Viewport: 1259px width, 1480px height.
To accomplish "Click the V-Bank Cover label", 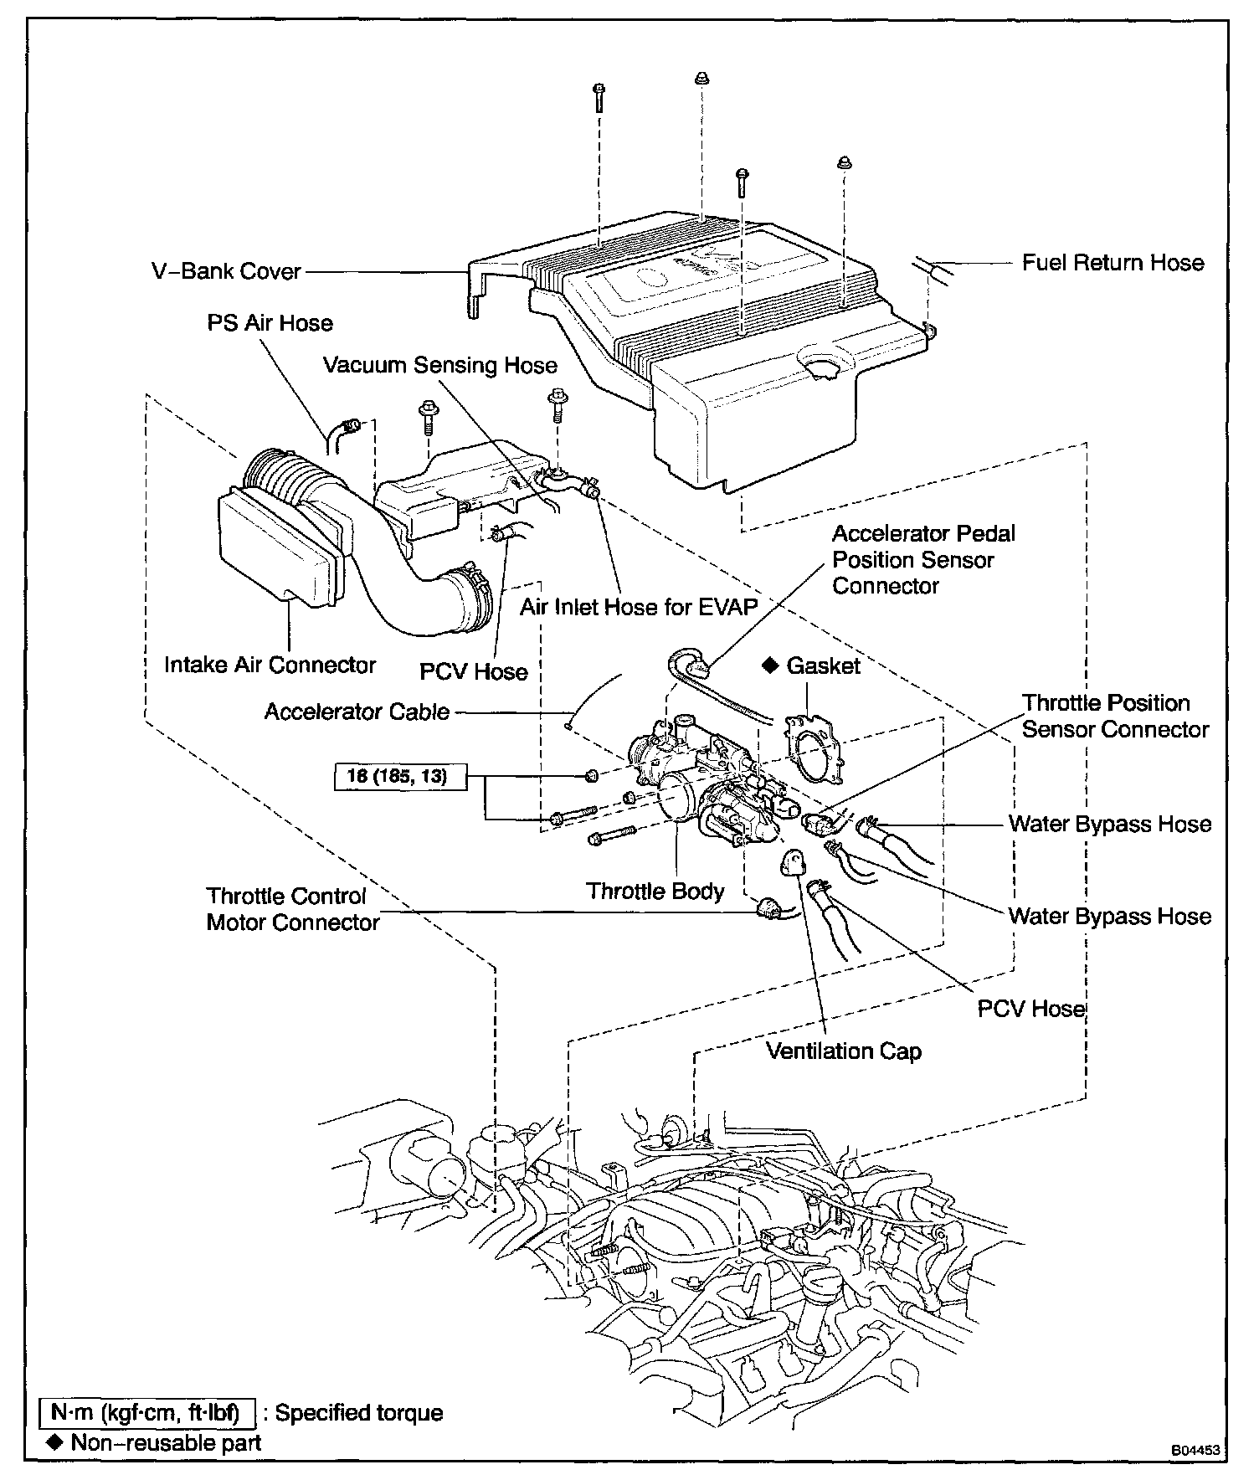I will pyautogui.click(x=226, y=272).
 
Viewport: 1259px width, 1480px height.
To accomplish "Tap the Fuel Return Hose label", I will pyautogui.click(x=1113, y=263).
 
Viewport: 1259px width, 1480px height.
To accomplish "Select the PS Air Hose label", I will pyautogui.click(x=270, y=323).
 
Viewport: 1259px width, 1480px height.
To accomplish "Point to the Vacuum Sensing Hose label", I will pyautogui.click(x=440, y=366).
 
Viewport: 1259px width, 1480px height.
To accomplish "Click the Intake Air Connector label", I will pyautogui.click(x=270, y=665).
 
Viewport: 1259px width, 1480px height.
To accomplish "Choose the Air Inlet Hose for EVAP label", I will pyautogui.click(x=638, y=607).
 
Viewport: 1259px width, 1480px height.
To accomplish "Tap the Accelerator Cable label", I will pyautogui.click(x=357, y=712).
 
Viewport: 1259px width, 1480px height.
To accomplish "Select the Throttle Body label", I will pyautogui.click(x=655, y=891).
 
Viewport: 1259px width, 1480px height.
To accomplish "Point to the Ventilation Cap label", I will pyautogui.click(x=844, y=1051).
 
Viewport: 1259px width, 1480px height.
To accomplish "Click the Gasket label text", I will pyautogui.click(x=824, y=666).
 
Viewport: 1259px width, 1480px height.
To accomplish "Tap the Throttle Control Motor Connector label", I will pyautogui.click(x=293, y=910).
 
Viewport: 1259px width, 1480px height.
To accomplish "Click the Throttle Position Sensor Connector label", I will pyautogui.click(x=1115, y=717).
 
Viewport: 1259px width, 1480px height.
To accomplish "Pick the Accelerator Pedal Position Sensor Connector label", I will pyautogui.click(x=923, y=560).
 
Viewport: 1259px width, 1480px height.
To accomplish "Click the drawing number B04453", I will pyautogui.click(x=1200, y=1448).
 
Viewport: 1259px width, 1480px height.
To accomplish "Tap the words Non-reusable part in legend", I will pyautogui.click(x=166, y=1442).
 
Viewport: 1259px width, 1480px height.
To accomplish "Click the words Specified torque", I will pyautogui.click(x=359, y=1413).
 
